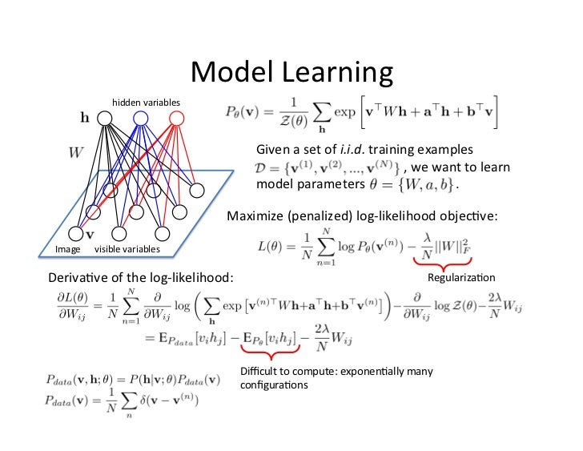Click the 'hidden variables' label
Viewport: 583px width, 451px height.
tap(146, 103)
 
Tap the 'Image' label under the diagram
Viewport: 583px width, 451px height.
tap(67, 250)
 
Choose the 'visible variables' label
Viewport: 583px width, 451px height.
tap(127, 250)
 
